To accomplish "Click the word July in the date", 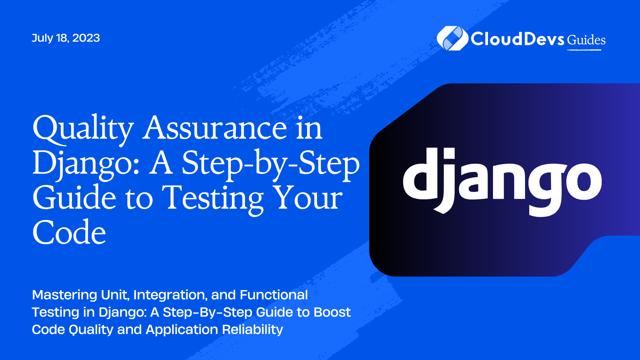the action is (x=42, y=38).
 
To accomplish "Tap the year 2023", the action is (x=86, y=38).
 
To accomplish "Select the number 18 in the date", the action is (x=63, y=38).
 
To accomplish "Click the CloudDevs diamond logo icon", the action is (x=453, y=38).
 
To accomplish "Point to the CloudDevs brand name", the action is (x=518, y=39).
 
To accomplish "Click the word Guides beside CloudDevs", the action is (x=586, y=40).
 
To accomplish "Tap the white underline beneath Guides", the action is (x=584, y=50).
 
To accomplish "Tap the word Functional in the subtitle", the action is (x=274, y=295).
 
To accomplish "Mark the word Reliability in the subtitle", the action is (x=252, y=330).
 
